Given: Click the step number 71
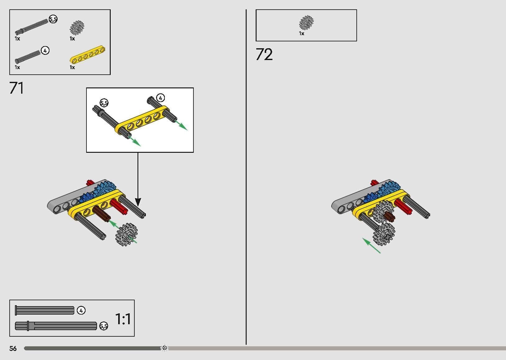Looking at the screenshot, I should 17,88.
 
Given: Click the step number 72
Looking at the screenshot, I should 264,54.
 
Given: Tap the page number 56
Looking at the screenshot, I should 13,348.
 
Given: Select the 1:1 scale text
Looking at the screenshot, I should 123,319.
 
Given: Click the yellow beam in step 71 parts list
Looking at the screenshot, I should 87,55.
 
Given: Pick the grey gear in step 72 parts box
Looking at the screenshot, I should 306,23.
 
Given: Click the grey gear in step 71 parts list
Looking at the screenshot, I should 77,28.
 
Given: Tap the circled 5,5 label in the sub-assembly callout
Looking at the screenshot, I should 104,103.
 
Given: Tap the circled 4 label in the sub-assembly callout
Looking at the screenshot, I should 160,98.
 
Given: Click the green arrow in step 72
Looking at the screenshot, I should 371,245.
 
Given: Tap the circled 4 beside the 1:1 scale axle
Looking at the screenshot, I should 81,311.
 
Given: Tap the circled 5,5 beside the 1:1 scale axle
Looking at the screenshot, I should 104,326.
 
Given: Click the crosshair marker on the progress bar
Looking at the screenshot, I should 165,348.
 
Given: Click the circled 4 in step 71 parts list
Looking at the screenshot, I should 45,50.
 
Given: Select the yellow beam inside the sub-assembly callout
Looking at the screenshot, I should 142,120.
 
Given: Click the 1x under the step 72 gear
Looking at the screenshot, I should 302,34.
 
